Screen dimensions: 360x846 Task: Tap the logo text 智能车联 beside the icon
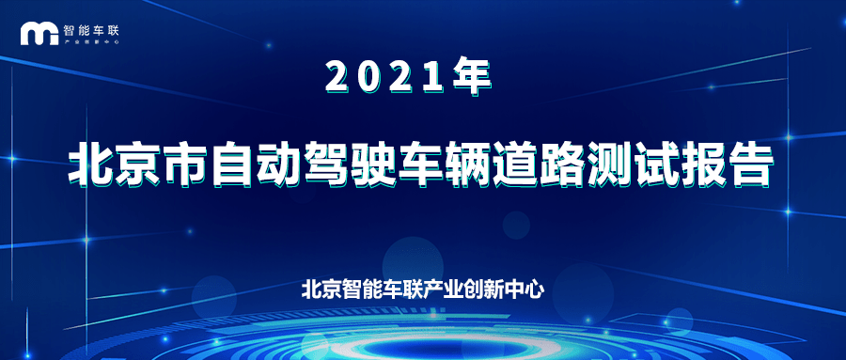tap(90, 30)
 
